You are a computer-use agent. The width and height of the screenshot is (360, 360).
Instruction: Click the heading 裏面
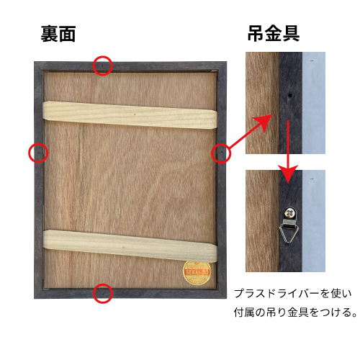click(58, 34)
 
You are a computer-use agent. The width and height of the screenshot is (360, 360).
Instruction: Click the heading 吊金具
click(274, 33)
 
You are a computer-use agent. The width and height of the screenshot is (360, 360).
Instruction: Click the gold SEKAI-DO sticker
click(197, 273)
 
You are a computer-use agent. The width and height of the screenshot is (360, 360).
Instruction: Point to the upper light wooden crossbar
click(130, 115)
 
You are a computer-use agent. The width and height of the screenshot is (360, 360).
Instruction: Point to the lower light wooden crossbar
click(130, 246)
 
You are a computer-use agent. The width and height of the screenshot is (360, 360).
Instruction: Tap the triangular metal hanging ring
click(289, 233)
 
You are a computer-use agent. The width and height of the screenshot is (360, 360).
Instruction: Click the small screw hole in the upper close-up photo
click(290, 95)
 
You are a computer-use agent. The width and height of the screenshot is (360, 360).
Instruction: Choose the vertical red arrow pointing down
click(288, 152)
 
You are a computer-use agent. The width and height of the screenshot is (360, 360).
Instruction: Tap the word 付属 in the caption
click(244, 312)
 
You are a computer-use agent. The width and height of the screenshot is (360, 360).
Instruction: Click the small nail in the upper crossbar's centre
click(135, 114)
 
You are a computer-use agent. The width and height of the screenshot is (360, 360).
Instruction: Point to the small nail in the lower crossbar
click(123, 247)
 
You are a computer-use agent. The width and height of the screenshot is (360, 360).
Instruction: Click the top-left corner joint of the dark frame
click(39, 66)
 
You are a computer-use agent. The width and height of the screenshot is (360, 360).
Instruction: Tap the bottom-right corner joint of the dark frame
click(222, 294)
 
